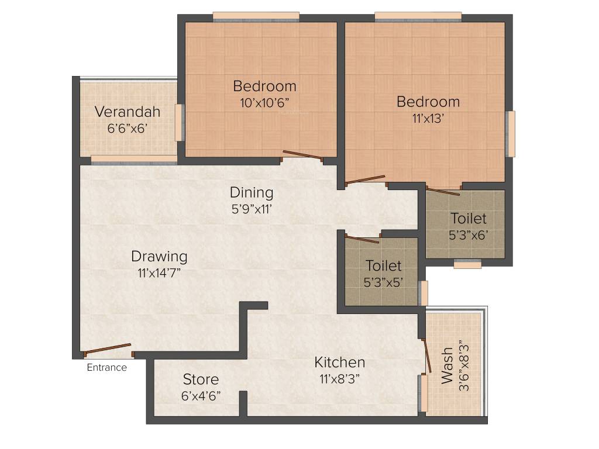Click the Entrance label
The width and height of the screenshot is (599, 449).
click(x=106, y=368)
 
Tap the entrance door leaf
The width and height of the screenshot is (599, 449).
click(x=108, y=349)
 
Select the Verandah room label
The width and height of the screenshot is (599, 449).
click(x=128, y=111)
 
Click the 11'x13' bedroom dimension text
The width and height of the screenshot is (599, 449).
click(x=428, y=118)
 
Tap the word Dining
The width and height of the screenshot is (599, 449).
click(x=251, y=192)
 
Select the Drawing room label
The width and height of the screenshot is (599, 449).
click(x=159, y=256)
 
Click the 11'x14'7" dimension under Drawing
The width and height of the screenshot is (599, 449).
click(x=159, y=272)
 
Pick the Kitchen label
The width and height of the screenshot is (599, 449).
click(x=340, y=362)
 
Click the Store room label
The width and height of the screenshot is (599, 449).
click(x=201, y=379)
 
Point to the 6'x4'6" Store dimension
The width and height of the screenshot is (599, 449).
click(x=201, y=395)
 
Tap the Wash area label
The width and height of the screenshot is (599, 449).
click(x=447, y=365)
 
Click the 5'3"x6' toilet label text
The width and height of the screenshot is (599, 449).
click(x=468, y=235)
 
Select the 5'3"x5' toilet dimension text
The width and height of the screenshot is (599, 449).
click(x=383, y=282)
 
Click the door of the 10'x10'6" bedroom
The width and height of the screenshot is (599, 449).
click(x=302, y=156)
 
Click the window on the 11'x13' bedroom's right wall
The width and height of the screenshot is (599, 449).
click(x=511, y=134)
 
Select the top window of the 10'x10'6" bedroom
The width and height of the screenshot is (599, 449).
click(x=256, y=16)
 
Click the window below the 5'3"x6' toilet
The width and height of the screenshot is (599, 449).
click(x=467, y=265)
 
